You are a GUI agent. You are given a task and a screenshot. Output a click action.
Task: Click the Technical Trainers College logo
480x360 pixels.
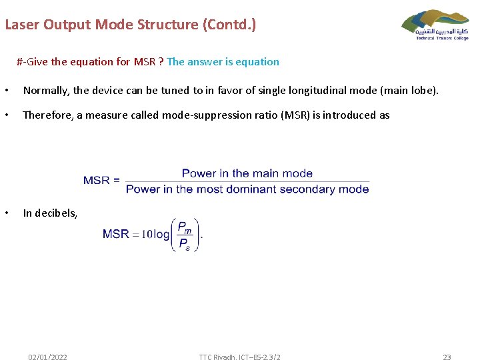tap(435, 25)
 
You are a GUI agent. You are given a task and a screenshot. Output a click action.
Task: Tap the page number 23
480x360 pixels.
tap(447, 357)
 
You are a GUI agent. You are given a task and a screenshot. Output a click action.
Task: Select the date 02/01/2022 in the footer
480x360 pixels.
tap(47, 357)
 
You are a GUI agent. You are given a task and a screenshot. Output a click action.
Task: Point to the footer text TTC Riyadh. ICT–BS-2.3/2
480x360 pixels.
tap(239, 357)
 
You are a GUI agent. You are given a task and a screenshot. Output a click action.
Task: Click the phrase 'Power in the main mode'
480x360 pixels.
tap(247, 173)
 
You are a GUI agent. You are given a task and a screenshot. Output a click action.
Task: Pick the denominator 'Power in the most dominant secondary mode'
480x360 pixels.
tap(247, 189)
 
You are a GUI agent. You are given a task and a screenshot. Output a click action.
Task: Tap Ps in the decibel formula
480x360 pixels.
tap(184, 243)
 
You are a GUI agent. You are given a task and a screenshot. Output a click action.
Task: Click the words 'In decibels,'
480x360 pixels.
tap(50, 213)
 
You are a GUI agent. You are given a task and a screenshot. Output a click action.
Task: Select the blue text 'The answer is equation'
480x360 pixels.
tap(223, 62)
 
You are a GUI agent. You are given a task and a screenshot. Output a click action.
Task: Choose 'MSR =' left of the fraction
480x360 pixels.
tap(101, 181)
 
